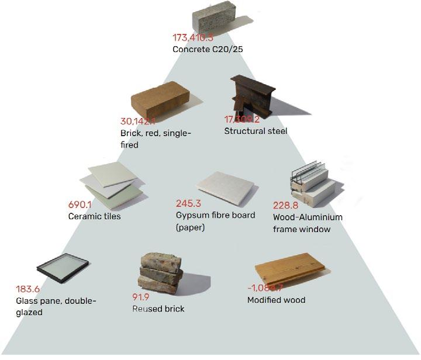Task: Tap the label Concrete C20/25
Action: [208, 50]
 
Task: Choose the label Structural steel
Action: [256, 131]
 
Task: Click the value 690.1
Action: [81, 205]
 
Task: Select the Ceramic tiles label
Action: [95, 217]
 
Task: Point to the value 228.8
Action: [285, 206]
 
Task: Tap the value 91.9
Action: [142, 297]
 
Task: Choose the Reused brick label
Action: [158, 308]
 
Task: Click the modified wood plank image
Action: [289, 268]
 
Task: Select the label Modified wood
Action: [276, 300]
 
